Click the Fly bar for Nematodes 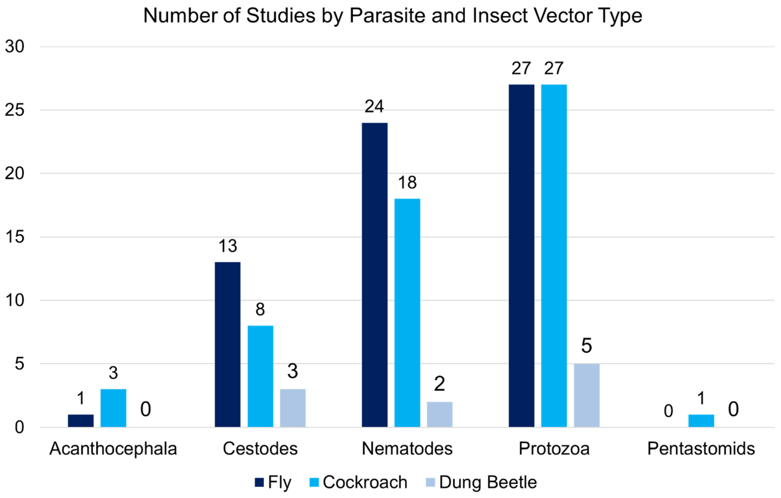click(x=375, y=275)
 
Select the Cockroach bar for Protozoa click(x=554, y=256)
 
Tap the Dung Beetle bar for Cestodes click(x=293, y=408)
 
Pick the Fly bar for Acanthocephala click(x=81, y=421)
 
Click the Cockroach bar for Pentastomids click(x=701, y=421)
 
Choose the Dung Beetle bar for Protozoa click(x=586, y=395)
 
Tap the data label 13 click(x=228, y=246)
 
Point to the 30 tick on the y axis click(x=15, y=47)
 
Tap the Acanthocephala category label click(x=113, y=449)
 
